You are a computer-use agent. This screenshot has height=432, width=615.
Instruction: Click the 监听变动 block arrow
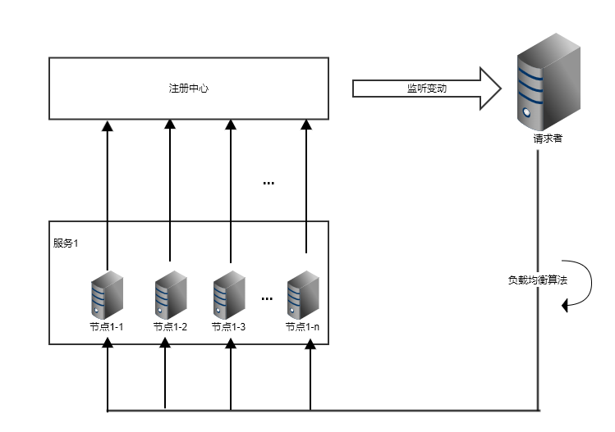click(x=426, y=88)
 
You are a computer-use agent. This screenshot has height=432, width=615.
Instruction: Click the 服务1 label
click(x=66, y=243)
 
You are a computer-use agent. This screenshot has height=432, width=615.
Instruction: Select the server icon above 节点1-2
click(x=169, y=298)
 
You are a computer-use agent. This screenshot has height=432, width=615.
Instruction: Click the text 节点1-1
click(x=107, y=326)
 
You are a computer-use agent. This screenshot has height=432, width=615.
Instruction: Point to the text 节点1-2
click(x=171, y=326)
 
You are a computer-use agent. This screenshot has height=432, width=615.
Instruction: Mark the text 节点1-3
click(x=228, y=326)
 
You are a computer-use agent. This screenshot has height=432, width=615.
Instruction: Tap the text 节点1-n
click(x=302, y=326)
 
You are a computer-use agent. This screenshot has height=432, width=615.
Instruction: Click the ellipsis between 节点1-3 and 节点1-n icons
click(x=267, y=299)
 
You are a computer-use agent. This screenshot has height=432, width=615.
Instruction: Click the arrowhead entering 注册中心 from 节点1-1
click(x=107, y=125)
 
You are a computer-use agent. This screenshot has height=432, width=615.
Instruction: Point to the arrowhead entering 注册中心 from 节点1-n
click(x=306, y=125)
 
